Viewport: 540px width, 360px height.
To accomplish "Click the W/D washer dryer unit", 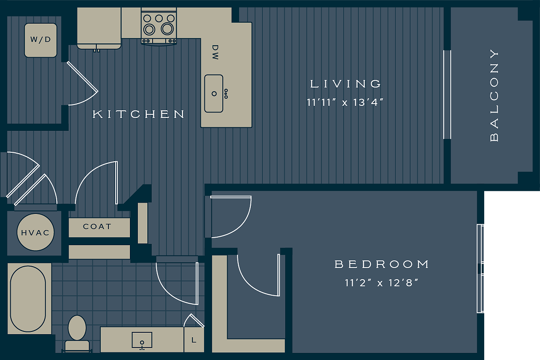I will pos(41,40).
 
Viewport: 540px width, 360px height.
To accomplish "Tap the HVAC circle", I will pos(36,233).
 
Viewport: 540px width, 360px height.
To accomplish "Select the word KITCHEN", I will pos(138,114).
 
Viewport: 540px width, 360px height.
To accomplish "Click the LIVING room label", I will pos(346,84).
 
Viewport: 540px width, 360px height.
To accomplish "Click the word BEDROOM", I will pos(382,264).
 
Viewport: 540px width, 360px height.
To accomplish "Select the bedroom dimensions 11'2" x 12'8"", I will pos(381,283).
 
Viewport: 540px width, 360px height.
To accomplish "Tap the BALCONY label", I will pos(494,95).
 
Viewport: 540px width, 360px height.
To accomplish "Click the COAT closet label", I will pos(97,227).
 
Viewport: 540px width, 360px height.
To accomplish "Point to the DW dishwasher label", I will pos(215,52).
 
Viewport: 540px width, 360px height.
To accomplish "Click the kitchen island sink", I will pos(214,93).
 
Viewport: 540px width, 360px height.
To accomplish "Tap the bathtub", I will pos(28,299).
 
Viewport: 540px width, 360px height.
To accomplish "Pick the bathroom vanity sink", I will pos(142,340).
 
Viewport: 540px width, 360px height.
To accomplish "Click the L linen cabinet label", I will pos(194,340).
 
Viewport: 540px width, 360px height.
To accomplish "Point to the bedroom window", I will pos(481,268).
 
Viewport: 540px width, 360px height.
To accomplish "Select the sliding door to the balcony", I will pos(447,95).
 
